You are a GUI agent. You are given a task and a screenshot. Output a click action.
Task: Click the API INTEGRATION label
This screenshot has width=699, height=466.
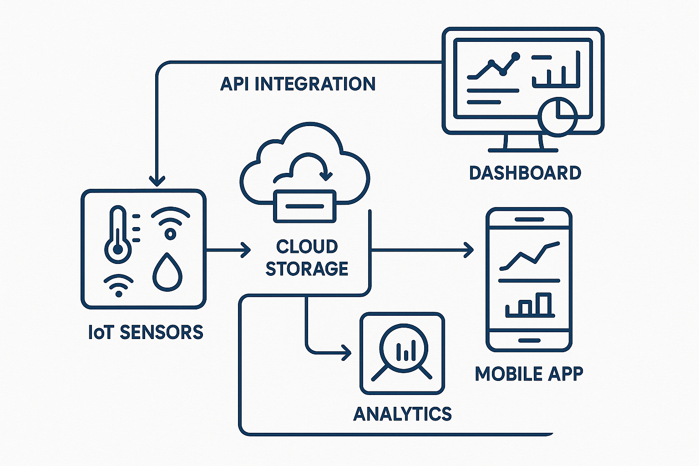[298, 84]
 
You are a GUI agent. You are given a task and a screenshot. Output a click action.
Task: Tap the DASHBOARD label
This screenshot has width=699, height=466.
[525, 173]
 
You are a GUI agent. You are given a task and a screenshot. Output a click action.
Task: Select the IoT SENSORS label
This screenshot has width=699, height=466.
[146, 333]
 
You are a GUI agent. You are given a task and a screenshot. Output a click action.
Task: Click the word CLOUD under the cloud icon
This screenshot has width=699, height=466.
[307, 247]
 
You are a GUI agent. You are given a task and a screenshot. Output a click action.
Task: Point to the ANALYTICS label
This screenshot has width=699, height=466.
[402, 414]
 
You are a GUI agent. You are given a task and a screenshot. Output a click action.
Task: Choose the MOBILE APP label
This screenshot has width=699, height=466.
[529, 374]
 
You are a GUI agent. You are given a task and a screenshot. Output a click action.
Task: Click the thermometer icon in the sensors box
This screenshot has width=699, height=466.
[118, 234]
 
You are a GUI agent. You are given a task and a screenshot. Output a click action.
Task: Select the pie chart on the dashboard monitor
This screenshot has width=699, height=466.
[557, 116]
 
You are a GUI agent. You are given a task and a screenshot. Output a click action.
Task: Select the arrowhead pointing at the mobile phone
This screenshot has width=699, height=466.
[469, 250]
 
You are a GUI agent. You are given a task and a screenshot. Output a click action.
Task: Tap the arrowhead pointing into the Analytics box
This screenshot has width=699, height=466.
[347, 352]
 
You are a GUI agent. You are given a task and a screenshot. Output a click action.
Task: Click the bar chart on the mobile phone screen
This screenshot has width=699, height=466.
[530, 305]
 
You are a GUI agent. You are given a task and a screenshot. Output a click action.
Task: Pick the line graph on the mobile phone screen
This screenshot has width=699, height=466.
[529, 256]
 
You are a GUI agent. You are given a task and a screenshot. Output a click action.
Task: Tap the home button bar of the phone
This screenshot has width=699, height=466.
[529, 340]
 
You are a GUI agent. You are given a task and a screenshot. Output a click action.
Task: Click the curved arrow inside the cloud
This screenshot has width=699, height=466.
[309, 166]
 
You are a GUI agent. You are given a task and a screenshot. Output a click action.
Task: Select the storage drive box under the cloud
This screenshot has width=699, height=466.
[304, 206]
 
